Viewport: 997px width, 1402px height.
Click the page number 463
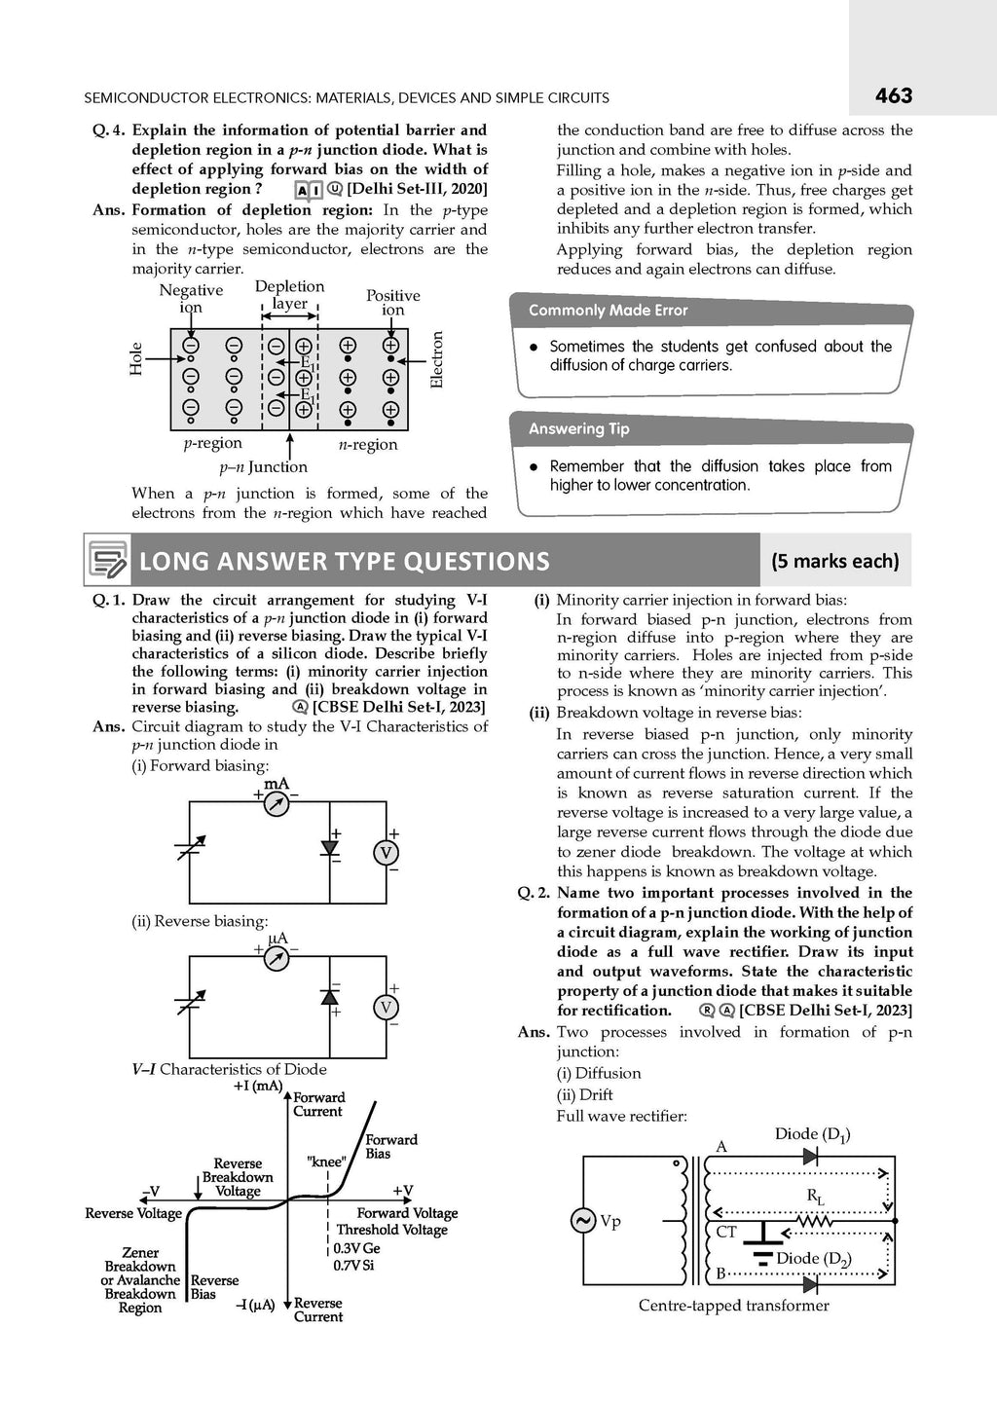[893, 95]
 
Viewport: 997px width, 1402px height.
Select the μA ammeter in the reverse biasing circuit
[277, 958]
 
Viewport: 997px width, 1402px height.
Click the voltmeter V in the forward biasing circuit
[385, 853]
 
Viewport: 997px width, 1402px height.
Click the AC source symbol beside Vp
[582, 1220]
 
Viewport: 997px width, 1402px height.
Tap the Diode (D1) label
[812, 1134]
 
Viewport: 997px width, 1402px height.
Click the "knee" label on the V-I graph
[326, 1162]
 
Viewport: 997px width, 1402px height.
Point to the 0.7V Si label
[353, 1266]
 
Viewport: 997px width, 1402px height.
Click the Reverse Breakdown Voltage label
[238, 1177]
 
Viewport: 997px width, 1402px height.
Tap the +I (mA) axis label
[258, 1086]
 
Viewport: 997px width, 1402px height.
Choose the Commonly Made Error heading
[609, 311]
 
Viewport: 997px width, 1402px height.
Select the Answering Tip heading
[579, 429]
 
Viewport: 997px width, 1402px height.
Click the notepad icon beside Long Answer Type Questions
[107, 560]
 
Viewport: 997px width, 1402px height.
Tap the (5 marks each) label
[834, 561]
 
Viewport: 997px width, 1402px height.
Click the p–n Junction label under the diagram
[263, 467]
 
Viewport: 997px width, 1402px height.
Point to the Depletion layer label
[289, 294]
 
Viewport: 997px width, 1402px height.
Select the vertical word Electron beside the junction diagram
[436, 360]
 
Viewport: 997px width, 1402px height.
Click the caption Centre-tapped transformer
[733, 1306]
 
